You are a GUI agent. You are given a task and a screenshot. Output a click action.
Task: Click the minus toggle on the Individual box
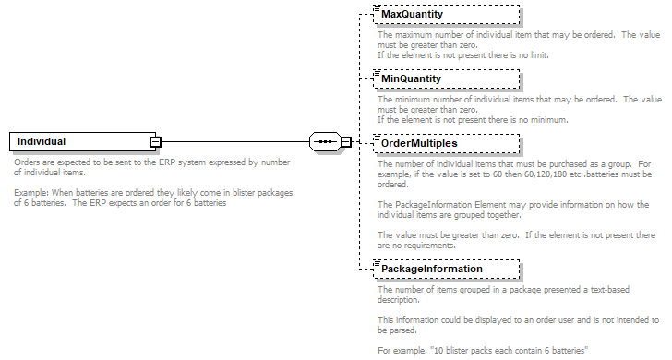(157, 141)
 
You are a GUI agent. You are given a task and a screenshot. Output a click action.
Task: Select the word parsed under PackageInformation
(402, 330)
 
